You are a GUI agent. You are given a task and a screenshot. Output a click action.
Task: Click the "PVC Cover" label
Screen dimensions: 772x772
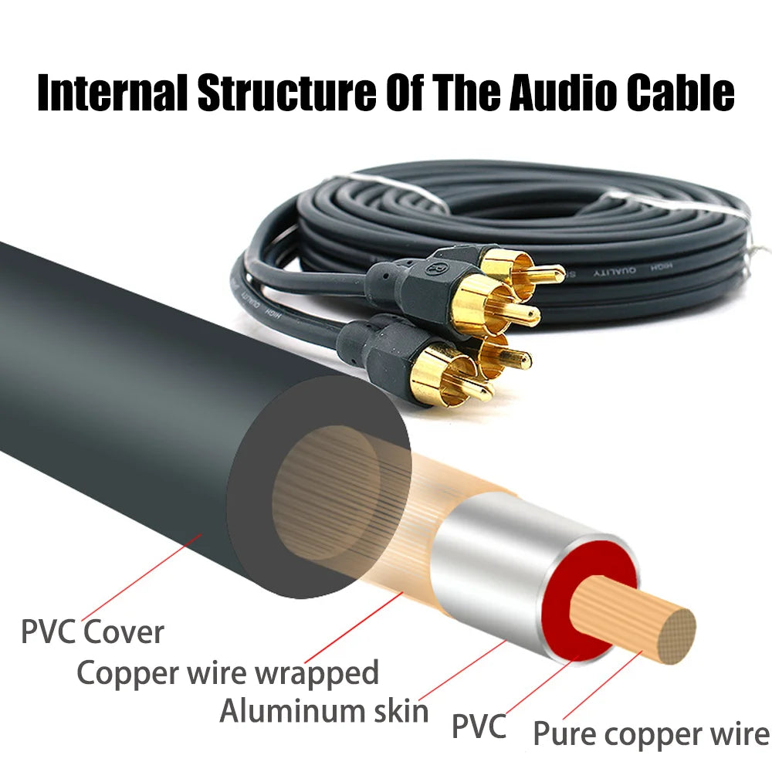pos(92,632)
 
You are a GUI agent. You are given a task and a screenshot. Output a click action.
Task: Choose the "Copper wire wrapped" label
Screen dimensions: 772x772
pos(228,672)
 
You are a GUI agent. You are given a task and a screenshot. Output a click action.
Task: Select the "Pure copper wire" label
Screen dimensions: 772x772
pos(651,733)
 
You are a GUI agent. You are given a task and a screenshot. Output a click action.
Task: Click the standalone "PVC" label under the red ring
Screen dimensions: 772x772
pos(479,726)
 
